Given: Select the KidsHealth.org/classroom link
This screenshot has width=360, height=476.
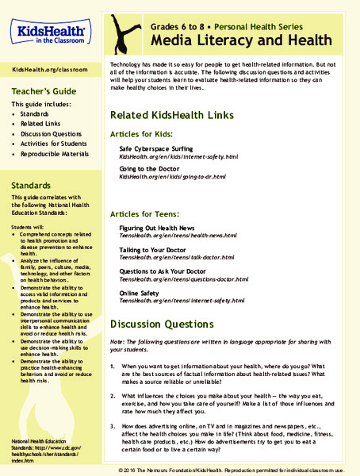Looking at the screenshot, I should pos(52,71).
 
